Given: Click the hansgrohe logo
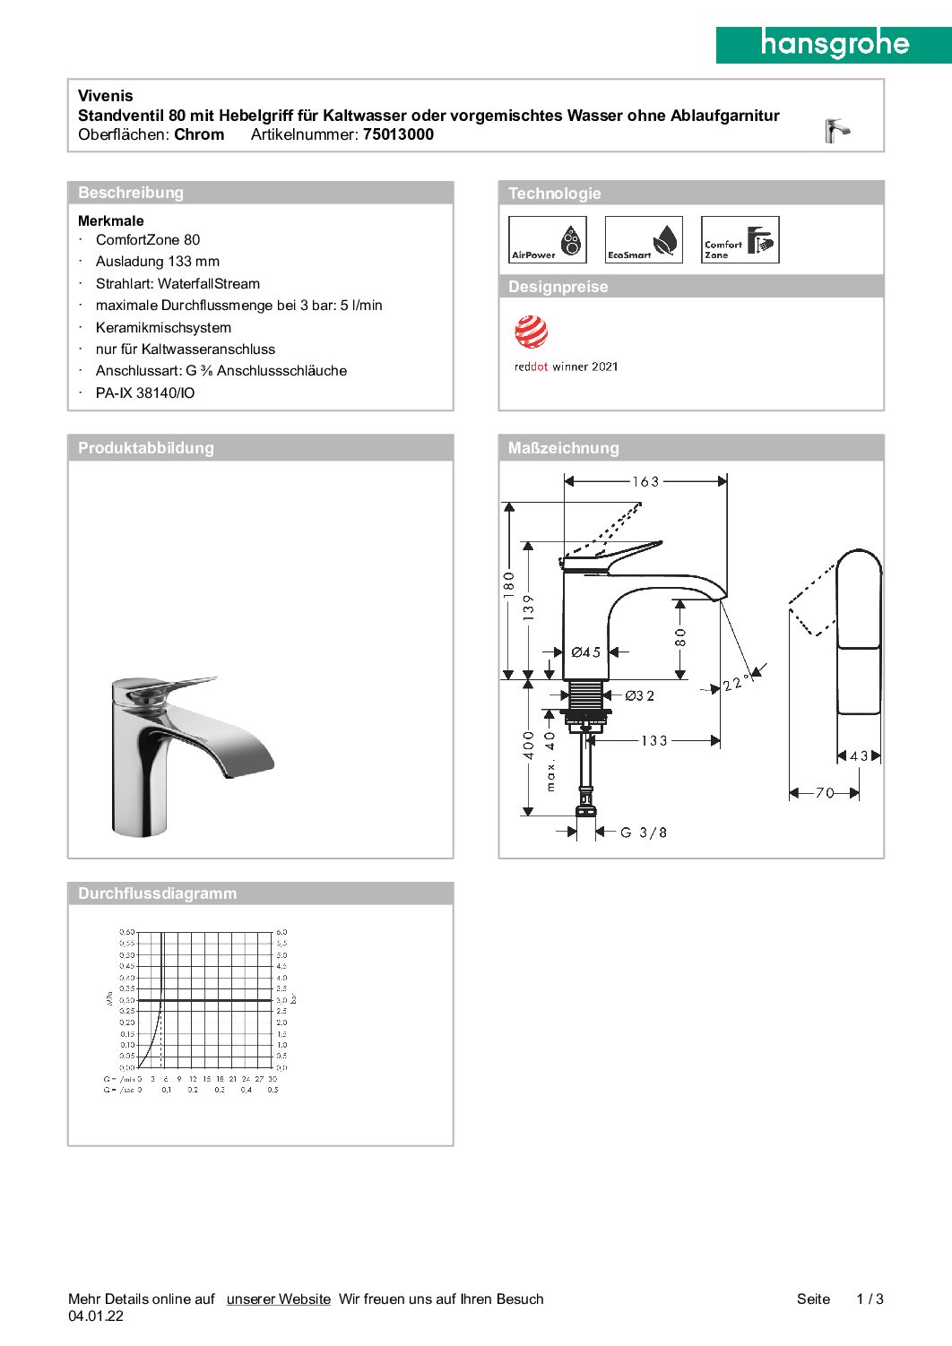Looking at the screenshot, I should point(834,44).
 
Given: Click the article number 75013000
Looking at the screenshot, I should point(398,134).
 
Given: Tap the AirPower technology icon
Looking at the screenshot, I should point(547,240).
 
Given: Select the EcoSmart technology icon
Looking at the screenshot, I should point(644,240).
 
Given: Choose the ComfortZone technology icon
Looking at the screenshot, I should point(740,240).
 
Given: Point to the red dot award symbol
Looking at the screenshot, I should point(531,332).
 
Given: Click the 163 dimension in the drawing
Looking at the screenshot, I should point(645,482).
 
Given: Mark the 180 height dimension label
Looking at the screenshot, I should point(509,585).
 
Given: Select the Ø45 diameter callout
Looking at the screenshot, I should point(586,652).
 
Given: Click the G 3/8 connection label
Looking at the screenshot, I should point(644,833).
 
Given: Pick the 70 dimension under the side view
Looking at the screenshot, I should point(825,793).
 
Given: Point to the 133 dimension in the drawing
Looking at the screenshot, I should point(654,741).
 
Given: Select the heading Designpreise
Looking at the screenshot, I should point(558,287).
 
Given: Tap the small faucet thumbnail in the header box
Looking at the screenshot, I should point(836,131).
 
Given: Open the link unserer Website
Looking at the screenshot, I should point(278,1299).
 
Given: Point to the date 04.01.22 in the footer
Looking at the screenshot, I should point(96,1316).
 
